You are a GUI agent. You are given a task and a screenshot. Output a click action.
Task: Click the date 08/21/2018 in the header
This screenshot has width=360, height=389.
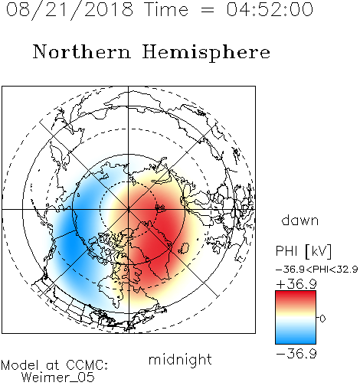click(70, 10)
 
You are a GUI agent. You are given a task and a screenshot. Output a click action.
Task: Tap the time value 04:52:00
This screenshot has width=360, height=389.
click(270, 9)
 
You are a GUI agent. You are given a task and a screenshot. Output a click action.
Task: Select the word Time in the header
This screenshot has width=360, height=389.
click(166, 9)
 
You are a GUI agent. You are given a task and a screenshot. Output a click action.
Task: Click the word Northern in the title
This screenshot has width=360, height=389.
click(82, 51)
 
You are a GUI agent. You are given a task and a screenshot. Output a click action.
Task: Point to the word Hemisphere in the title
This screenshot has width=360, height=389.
click(206, 53)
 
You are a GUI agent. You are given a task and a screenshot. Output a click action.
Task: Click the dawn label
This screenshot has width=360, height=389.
click(300, 220)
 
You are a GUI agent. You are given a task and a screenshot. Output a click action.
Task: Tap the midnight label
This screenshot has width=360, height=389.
click(180, 360)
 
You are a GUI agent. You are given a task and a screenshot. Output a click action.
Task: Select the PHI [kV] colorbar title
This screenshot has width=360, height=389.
click(303, 251)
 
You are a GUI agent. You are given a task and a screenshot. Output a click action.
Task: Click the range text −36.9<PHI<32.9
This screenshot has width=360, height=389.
click(317, 270)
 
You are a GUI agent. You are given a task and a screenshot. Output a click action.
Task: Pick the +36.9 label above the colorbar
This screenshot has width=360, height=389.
click(296, 284)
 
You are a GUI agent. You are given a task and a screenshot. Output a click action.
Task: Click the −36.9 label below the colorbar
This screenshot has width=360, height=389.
click(296, 354)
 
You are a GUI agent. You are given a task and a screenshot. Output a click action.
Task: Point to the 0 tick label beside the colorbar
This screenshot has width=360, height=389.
click(322, 319)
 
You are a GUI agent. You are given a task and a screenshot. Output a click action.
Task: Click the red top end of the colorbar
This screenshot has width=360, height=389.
click(296, 294)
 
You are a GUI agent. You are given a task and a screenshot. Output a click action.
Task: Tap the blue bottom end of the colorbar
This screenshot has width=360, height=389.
click(296, 341)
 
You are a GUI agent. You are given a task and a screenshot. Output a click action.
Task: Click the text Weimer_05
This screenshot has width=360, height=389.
click(58, 378)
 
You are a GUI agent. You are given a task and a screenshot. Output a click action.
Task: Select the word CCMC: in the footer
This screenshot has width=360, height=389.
click(87, 365)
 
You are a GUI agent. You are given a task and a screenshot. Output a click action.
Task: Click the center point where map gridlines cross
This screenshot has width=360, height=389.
click(129, 210)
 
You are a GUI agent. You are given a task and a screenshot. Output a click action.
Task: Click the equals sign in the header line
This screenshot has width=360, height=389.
click(208, 10)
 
